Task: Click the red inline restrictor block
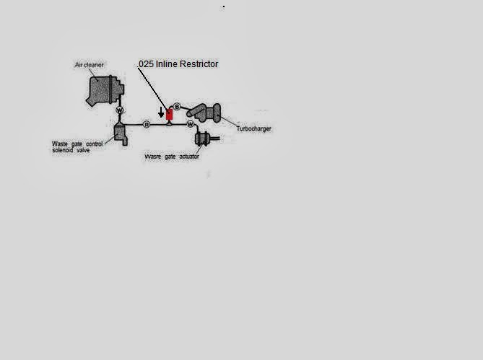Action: point(169,115)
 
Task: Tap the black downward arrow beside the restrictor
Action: point(161,113)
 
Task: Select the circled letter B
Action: point(177,107)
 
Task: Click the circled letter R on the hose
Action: point(147,125)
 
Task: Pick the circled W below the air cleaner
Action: point(120,110)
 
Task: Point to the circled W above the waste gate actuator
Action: point(191,124)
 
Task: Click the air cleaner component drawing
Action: point(105,90)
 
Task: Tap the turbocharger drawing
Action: point(204,113)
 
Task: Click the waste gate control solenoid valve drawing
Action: point(121,134)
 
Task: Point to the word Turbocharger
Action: point(254,128)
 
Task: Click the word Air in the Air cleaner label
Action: point(79,65)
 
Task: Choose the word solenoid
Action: point(63,150)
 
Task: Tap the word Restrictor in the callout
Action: point(199,64)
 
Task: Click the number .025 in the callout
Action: point(146,64)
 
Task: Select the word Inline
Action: point(167,64)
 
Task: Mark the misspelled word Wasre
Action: point(153,157)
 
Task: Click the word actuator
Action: point(189,157)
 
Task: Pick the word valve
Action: point(83,150)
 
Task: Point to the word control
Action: point(95,144)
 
